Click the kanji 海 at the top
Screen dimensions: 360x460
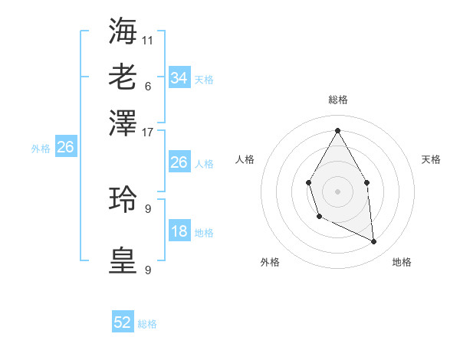coord(123,31)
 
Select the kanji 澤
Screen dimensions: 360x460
coord(123,123)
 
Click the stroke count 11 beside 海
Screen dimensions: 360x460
coord(148,40)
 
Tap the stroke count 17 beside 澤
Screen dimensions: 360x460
coord(148,132)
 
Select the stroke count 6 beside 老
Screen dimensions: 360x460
coord(147,86)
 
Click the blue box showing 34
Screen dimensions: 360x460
coord(179,77)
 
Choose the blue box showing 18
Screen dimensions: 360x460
coord(179,231)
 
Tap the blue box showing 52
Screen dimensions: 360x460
coord(123,322)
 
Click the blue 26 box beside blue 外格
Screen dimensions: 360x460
coord(65,147)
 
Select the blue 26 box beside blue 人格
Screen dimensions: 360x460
coord(179,162)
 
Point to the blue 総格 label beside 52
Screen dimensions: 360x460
coord(147,324)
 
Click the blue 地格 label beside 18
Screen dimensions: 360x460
coord(204,233)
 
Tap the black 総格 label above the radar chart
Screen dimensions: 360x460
coord(337,100)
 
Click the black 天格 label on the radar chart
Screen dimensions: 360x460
coord(431,159)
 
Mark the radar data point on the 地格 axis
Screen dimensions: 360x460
coord(374,241)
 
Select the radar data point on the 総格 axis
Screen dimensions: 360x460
coord(337,129)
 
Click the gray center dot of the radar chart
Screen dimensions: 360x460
coord(337,190)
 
